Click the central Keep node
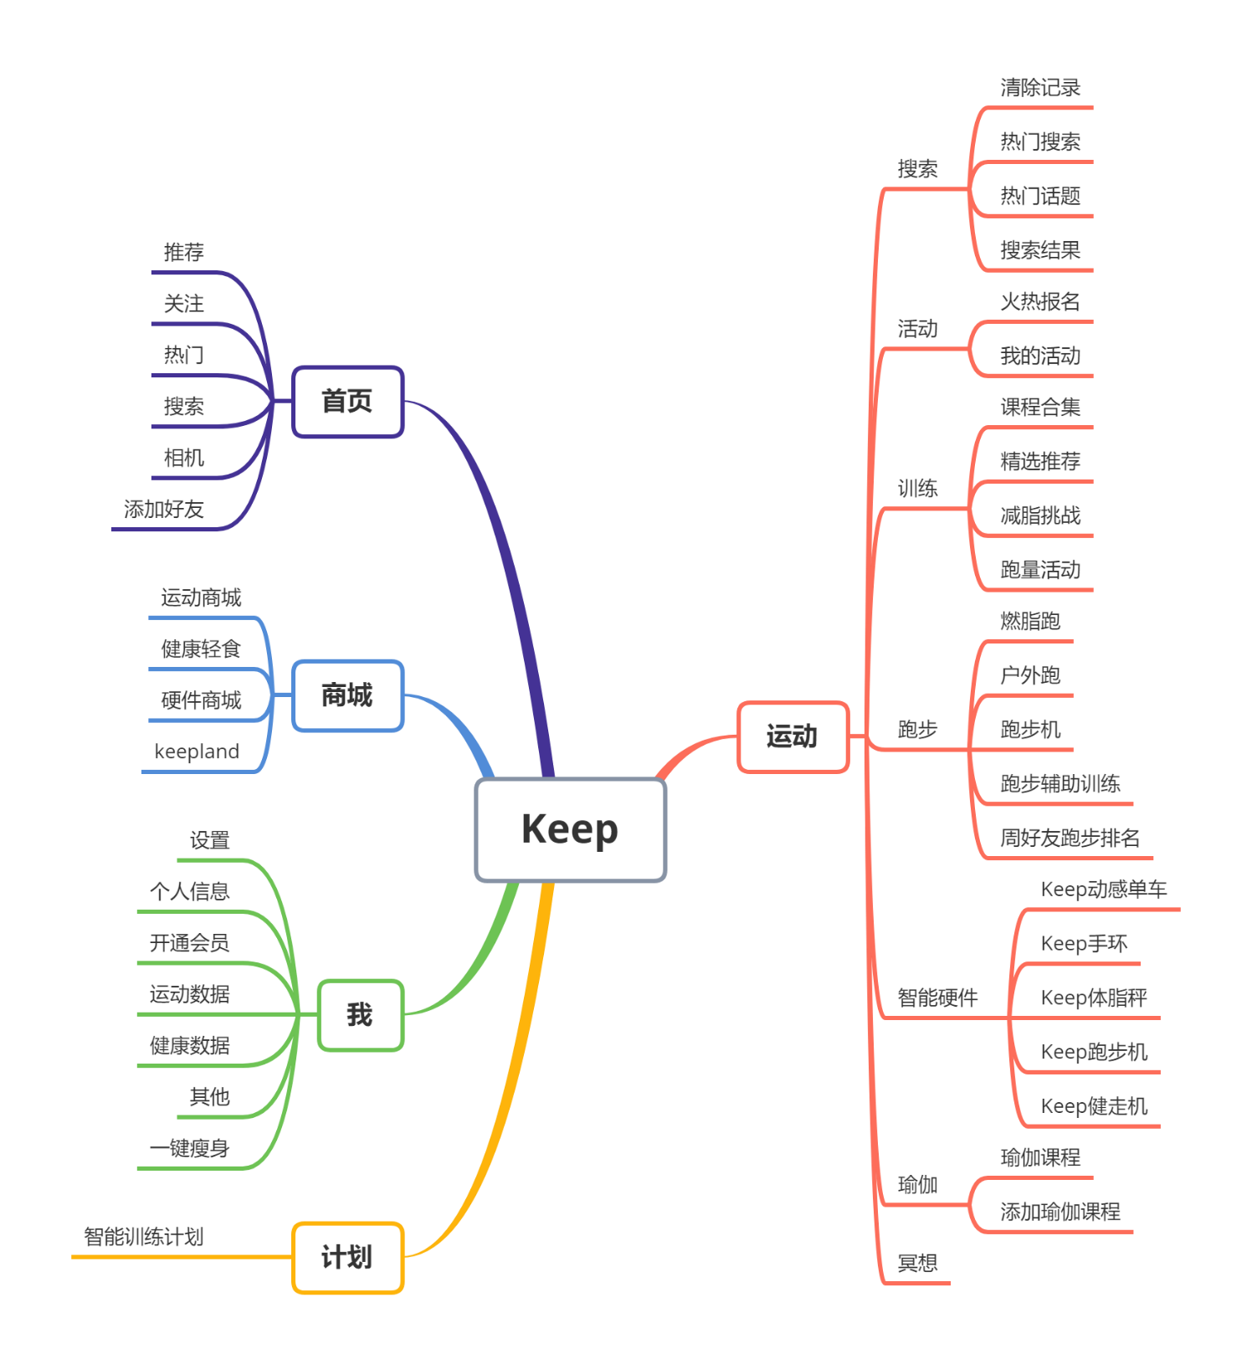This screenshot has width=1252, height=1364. (570, 829)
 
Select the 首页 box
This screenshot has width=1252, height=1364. (347, 402)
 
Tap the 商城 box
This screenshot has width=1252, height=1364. (347, 695)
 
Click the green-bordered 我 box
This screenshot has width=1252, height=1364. (360, 1015)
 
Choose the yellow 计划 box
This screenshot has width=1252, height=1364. (347, 1258)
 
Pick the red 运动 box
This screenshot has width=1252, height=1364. (793, 736)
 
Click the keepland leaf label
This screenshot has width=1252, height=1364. (197, 752)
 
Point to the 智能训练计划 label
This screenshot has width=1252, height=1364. (143, 1237)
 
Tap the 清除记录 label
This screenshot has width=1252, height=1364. (1040, 88)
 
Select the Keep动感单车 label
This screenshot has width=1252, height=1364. (1103, 890)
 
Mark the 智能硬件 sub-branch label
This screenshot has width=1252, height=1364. (937, 997)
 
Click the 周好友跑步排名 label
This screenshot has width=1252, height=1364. (1070, 838)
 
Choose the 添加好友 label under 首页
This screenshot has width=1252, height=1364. (163, 510)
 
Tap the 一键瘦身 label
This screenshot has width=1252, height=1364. (189, 1149)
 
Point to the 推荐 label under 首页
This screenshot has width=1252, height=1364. (183, 253)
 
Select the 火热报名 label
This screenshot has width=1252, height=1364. (1040, 302)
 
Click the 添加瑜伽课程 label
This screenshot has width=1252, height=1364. (1060, 1212)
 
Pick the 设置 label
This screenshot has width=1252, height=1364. (209, 841)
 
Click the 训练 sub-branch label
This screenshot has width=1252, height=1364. (917, 489)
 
